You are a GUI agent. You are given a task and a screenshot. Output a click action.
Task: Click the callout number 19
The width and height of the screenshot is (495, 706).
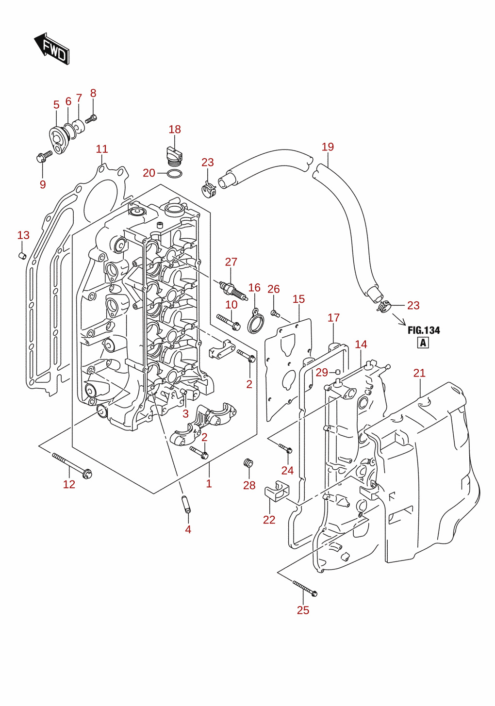click(328, 147)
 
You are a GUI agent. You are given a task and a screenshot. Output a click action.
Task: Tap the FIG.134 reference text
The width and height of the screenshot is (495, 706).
click(424, 330)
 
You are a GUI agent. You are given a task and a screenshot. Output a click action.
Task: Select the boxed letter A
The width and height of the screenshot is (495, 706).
click(423, 342)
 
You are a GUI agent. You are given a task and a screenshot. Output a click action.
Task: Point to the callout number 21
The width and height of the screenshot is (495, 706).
click(419, 373)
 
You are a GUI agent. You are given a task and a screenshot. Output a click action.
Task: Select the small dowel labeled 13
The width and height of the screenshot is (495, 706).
click(22, 256)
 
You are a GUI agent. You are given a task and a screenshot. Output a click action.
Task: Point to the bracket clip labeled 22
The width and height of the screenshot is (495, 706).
click(277, 492)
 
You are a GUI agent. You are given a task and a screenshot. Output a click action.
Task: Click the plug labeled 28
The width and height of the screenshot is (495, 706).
click(248, 463)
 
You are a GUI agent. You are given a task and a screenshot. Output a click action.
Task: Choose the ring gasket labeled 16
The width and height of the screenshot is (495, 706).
click(255, 321)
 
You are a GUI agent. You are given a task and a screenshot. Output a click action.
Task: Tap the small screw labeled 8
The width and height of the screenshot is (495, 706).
click(91, 119)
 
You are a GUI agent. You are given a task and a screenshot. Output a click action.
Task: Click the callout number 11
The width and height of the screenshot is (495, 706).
click(102, 149)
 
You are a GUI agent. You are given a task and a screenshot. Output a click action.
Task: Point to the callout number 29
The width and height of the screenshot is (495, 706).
click(322, 373)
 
